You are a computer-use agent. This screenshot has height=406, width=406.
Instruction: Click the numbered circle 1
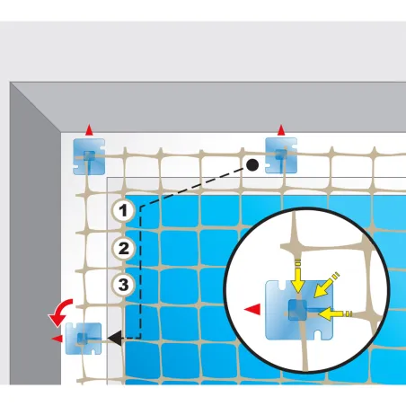coord(124,211)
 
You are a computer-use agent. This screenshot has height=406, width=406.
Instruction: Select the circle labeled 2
coord(124,248)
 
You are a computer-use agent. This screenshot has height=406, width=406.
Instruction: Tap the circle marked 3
coord(124,286)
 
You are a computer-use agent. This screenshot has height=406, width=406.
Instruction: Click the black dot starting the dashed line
coord(253,165)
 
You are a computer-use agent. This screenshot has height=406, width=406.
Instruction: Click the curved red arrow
coord(59,313)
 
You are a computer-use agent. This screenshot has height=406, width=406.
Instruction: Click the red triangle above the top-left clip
coord(88,131)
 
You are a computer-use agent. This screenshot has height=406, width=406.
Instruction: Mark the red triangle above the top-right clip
coord(281,131)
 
